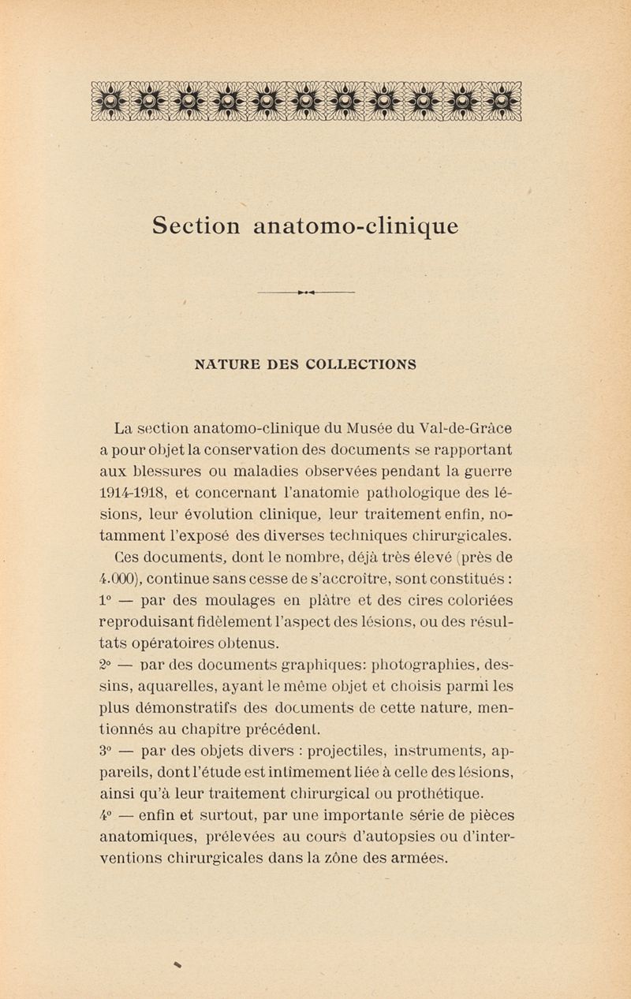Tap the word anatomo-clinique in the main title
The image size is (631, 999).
pyautogui.click(x=355, y=226)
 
